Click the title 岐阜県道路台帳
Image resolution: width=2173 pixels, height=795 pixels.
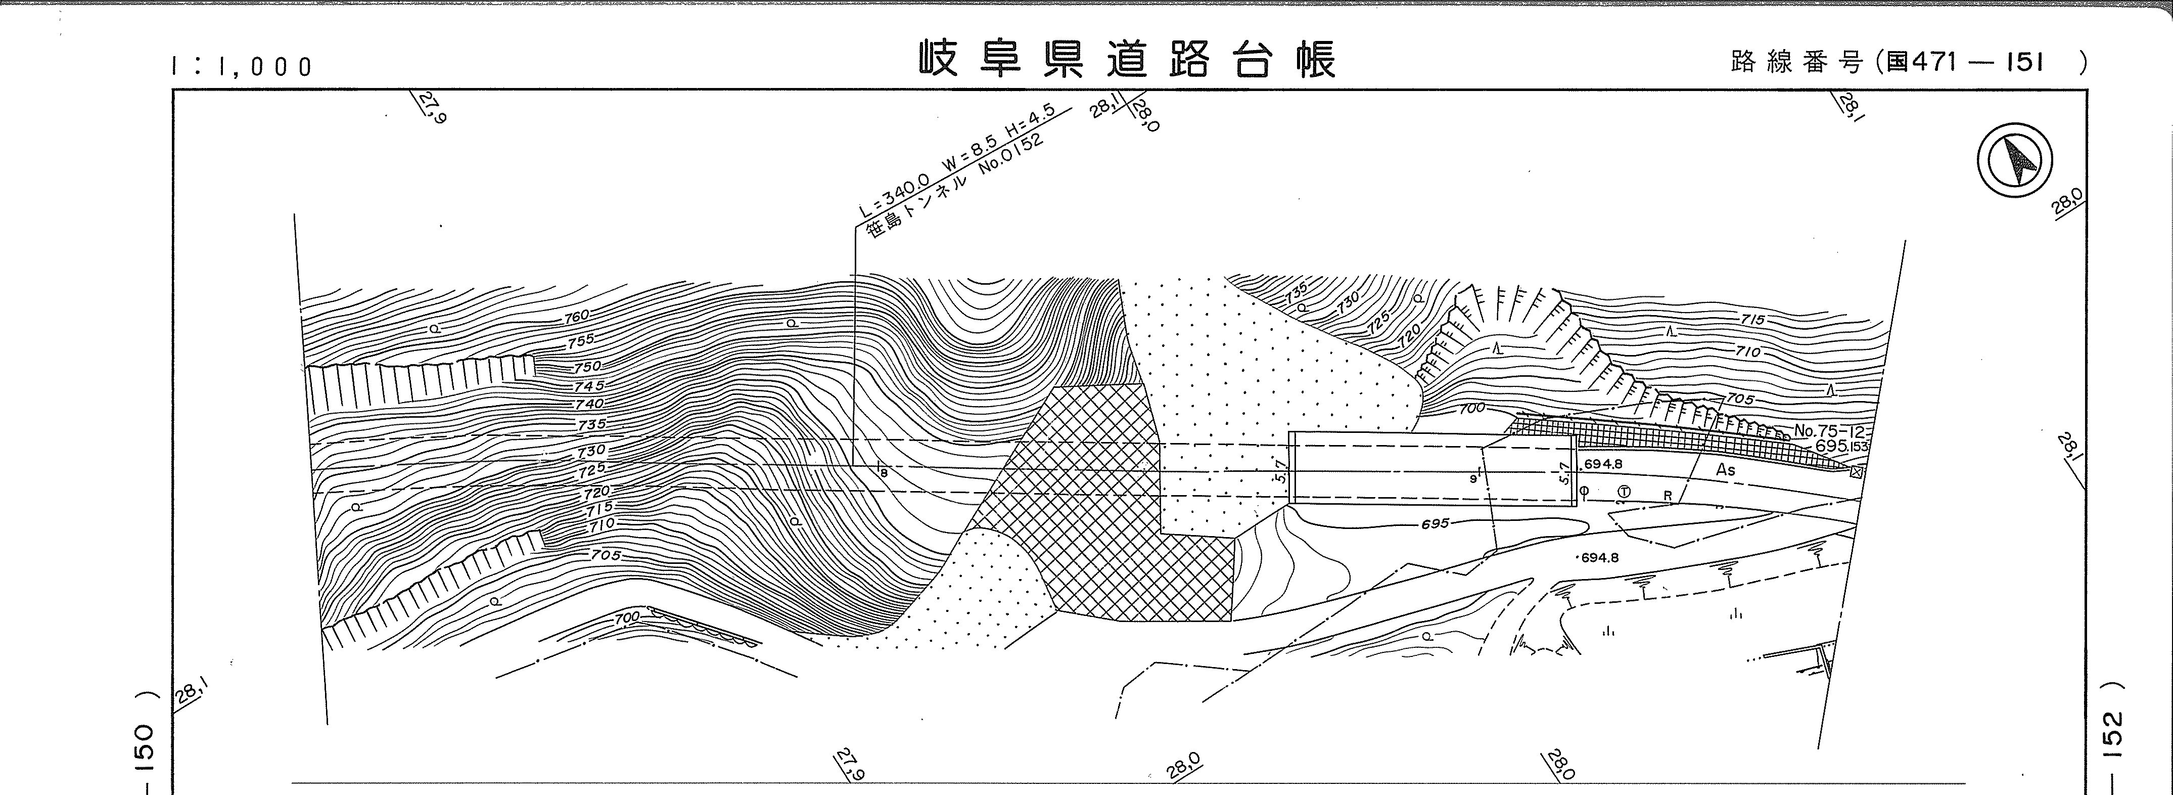[1127, 60]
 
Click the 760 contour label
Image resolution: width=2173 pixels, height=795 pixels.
[577, 317]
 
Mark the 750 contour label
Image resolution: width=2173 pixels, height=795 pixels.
[587, 367]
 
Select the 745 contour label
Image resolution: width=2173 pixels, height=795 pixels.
[590, 386]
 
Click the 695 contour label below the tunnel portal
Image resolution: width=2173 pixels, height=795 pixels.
[1434, 523]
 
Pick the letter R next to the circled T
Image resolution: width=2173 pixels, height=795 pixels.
[1668, 496]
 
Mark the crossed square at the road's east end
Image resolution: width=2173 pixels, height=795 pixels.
[1855, 473]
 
